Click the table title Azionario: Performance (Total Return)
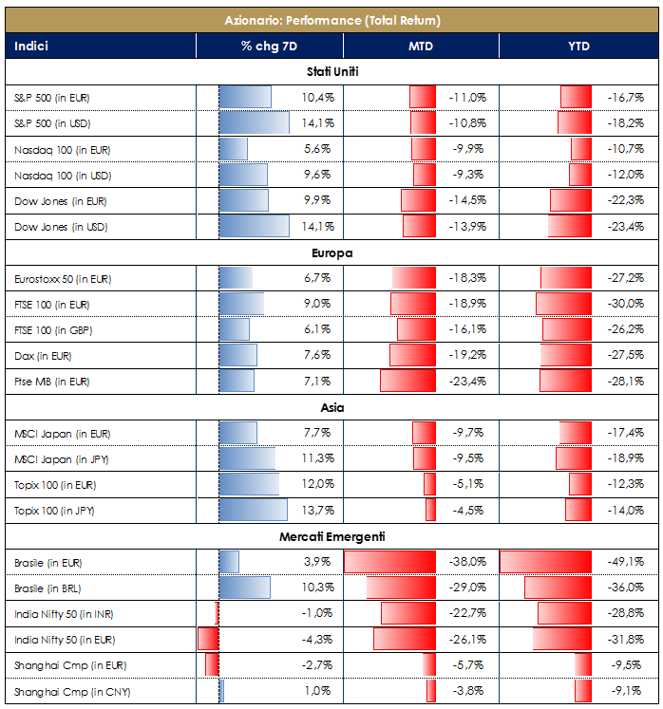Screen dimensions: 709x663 point(332,20)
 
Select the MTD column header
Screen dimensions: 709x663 point(422,46)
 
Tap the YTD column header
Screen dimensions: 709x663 point(578,46)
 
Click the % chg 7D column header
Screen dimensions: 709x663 point(269,46)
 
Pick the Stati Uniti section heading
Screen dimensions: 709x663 point(332,72)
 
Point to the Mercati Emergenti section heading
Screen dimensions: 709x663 point(332,537)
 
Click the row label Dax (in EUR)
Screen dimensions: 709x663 point(43,356)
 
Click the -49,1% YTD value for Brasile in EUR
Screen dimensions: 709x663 point(625,562)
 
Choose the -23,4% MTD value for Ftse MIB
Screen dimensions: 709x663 point(466,382)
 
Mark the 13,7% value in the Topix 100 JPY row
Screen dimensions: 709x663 point(316,511)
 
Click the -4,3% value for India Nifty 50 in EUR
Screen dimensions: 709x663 point(316,640)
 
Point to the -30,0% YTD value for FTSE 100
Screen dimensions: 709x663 point(625,304)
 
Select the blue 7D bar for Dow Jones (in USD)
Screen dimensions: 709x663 point(254,227)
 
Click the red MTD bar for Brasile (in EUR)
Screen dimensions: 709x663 point(388,562)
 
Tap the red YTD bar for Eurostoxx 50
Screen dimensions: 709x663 point(566,278)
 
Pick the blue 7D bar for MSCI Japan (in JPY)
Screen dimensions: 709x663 point(247,459)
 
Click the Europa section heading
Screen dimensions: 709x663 point(332,253)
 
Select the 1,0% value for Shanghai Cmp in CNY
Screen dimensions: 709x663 point(317,691)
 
